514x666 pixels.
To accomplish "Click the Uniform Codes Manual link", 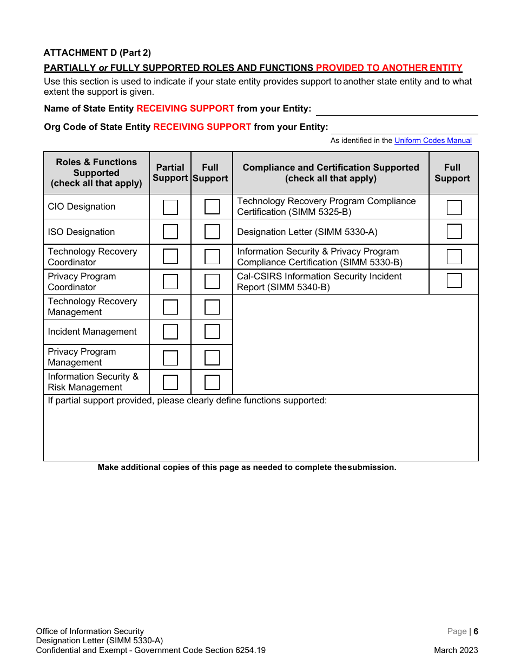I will pyautogui.click(x=433, y=141).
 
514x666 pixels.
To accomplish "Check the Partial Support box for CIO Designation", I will pyautogui.click(x=170, y=207).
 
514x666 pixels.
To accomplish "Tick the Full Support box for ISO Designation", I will pyautogui.click(x=212, y=232).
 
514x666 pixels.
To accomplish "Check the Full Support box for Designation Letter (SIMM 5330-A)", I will pyautogui.click(x=454, y=232).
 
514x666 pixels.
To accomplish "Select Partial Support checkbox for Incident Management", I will pyautogui.click(x=170, y=332).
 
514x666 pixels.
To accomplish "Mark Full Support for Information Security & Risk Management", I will pyautogui.click(x=212, y=382).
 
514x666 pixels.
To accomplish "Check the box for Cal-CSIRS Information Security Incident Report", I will pyautogui.click(x=454, y=280).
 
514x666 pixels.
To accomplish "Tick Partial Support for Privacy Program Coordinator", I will pyautogui.click(x=170, y=282).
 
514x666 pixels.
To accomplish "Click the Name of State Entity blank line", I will pyautogui.click(x=397, y=109).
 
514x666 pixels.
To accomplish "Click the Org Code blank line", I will pyautogui.click(x=404, y=128).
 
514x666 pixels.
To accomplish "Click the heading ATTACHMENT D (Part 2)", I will pyautogui.click(x=97, y=53).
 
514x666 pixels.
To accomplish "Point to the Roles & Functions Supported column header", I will pyautogui.click(x=96, y=173).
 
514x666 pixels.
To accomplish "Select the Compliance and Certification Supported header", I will pyautogui.click(x=331, y=173).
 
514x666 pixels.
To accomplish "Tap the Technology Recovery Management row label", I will pyautogui.click(x=92, y=306).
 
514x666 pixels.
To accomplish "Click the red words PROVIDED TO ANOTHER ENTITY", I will pyautogui.click(x=389, y=68).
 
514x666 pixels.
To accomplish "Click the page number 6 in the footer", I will pyautogui.click(x=476, y=631).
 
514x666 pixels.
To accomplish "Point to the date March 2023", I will pyautogui.click(x=456, y=650).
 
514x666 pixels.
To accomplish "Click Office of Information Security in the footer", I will pyautogui.click(x=90, y=631).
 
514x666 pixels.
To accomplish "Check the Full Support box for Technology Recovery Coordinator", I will pyautogui.click(x=212, y=257).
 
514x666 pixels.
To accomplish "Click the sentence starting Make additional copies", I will pyautogui.click(x=247, y=467).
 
